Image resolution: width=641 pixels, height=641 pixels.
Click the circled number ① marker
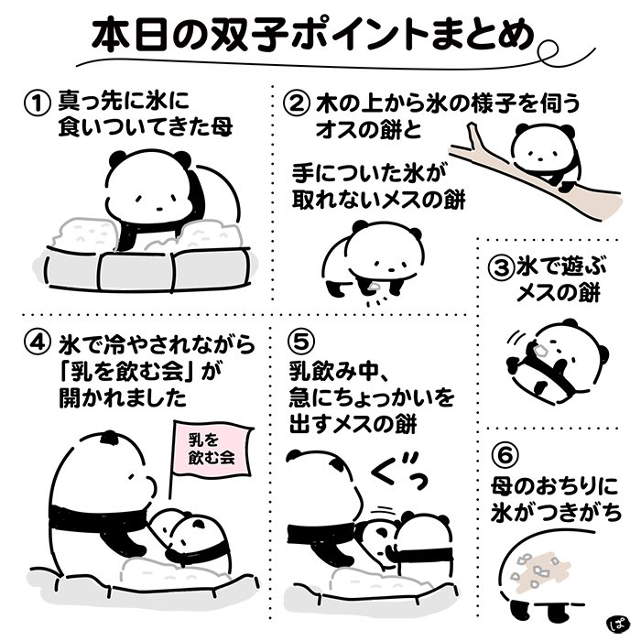(37, 103)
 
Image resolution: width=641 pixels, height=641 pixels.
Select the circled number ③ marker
(500, 267)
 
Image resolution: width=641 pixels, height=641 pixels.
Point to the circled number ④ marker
(38, 343)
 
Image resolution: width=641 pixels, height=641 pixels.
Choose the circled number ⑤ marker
(301, 342)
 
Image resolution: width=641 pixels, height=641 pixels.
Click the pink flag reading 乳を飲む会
(212, 449)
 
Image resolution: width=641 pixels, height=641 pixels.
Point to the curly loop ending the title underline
(549, 52)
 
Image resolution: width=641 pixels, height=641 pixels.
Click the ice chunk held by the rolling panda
(539, 350)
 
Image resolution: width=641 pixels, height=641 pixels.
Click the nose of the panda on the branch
(540, 158)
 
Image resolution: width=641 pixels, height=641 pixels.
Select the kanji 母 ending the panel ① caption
(221, 127)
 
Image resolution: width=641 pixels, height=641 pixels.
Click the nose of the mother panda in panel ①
(159, 208)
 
